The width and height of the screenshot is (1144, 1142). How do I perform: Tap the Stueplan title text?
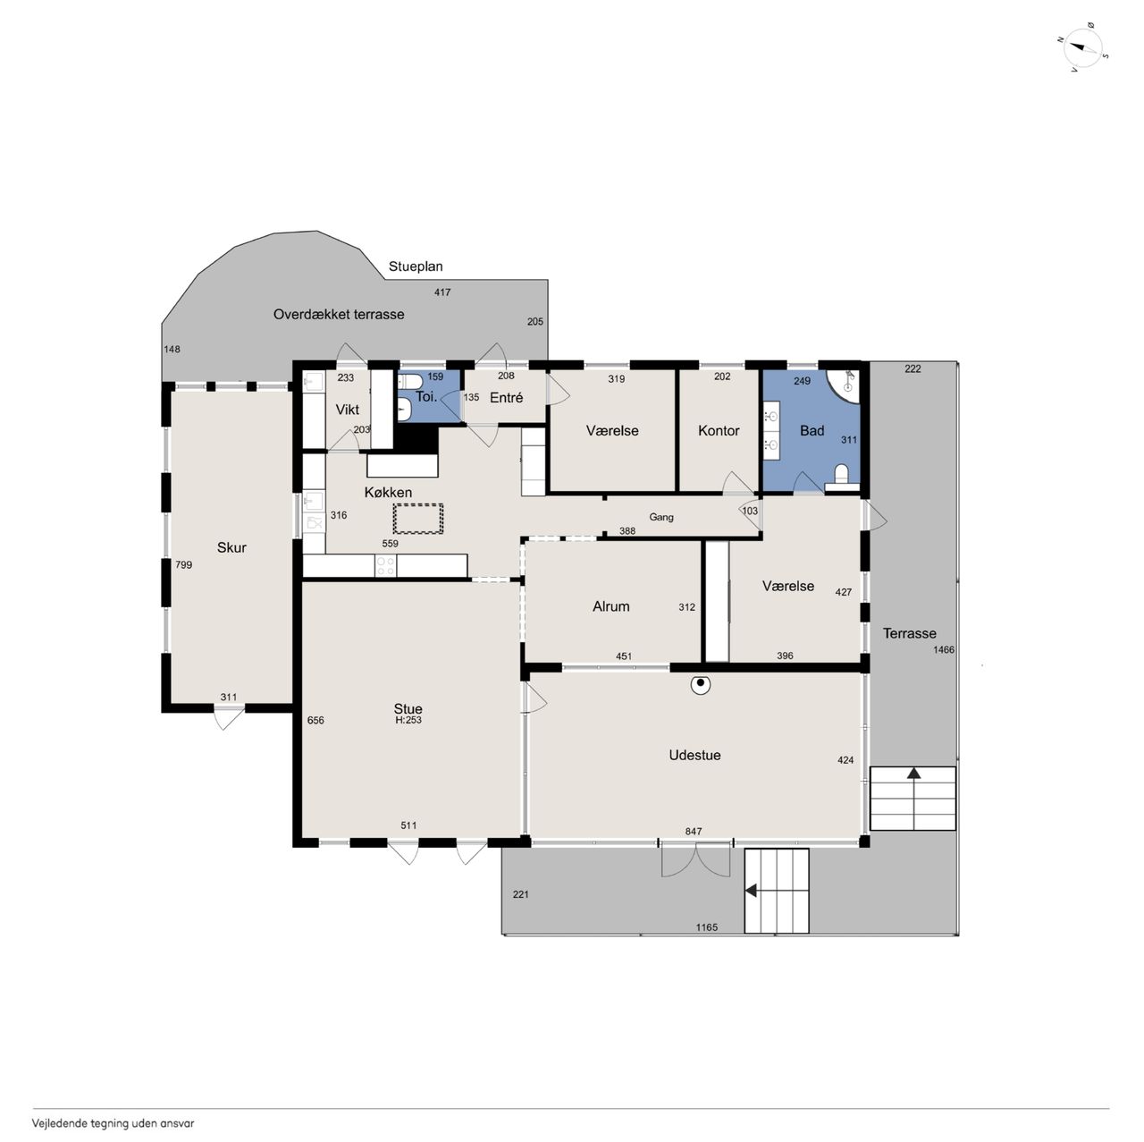(x=415, y=266)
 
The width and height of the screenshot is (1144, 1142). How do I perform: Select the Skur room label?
(x=231, y=547)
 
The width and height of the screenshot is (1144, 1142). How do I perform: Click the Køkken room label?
(x=388, y=492)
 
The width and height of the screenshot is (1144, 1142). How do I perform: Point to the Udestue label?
(x=694, y=755)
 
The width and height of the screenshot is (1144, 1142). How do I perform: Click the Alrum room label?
(x=610, y=606)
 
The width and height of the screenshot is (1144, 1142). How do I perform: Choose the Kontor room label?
(x=719, y=430)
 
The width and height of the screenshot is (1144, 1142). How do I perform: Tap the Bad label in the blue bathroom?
(x=812, y=430)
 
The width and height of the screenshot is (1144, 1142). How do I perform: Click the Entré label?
(x=506, y=397)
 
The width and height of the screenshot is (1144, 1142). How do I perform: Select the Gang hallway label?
(x=660, y=517)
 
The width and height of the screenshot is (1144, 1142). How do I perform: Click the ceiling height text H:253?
(x=408, y=720)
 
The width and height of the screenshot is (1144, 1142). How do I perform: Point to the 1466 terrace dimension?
(x=943, y=649)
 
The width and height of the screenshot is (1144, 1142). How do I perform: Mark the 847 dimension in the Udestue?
(x=694, y=832)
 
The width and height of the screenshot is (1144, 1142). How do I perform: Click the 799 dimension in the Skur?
(x=183, y=564)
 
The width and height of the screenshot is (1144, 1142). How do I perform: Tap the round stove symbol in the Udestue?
(x=701, y=684)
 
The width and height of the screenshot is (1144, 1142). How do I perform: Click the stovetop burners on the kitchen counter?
(x=385, y=565)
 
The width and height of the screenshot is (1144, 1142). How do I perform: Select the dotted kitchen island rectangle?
(x=418, y=519)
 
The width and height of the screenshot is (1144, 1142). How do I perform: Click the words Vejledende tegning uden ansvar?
(x=113, y=1123)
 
